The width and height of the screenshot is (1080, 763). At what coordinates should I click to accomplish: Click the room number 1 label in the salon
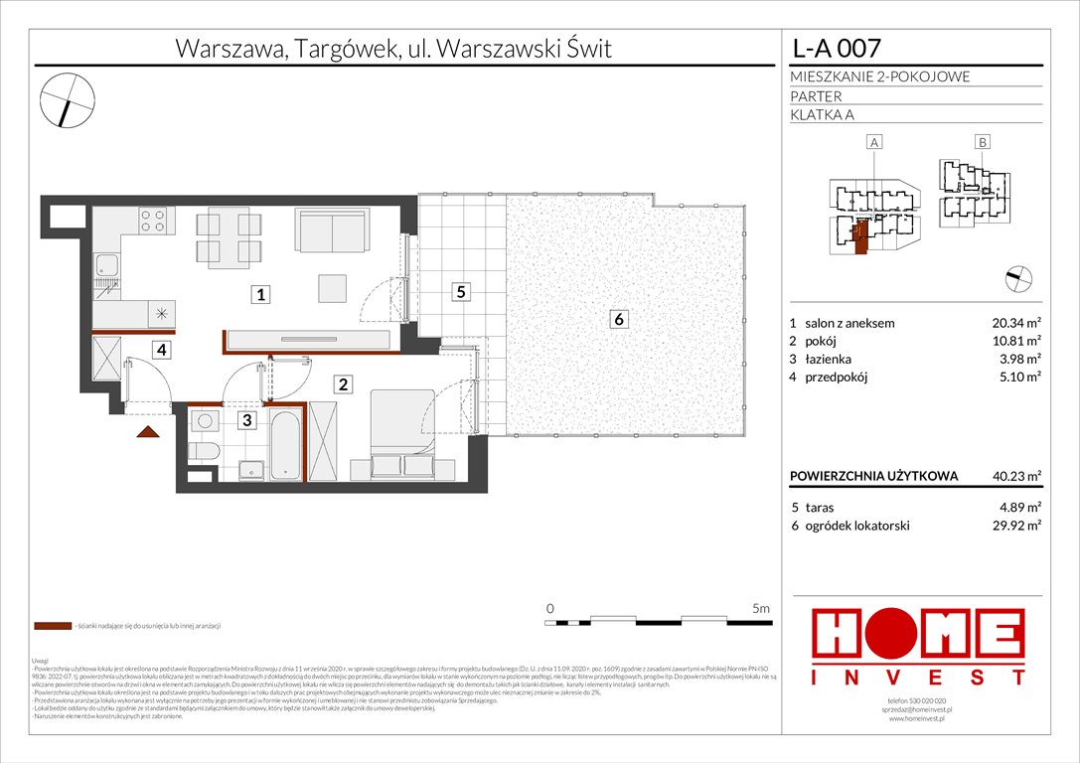259,294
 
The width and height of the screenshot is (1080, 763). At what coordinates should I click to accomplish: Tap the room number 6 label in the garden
619,319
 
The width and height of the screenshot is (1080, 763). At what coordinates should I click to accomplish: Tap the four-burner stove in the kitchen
152,220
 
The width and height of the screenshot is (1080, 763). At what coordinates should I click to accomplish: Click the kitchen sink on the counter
105,264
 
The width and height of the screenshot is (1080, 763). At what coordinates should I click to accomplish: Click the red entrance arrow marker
149,430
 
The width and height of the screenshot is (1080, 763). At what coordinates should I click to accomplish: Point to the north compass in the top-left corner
68,98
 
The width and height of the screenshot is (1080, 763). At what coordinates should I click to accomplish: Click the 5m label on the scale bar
761,607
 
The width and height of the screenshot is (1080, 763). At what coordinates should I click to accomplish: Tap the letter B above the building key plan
982,143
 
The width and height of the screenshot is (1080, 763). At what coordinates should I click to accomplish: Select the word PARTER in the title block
816,96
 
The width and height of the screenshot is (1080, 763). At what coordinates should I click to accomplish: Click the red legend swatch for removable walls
52,627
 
